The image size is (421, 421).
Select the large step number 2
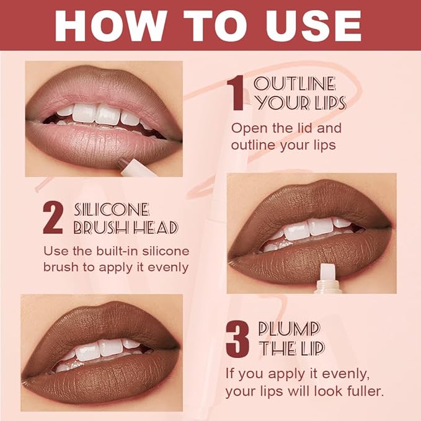point(54,217)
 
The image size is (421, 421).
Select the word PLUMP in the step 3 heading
point(290,329)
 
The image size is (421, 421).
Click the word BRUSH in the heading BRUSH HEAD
point(97,228)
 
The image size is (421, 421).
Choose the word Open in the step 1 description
point(247,128)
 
